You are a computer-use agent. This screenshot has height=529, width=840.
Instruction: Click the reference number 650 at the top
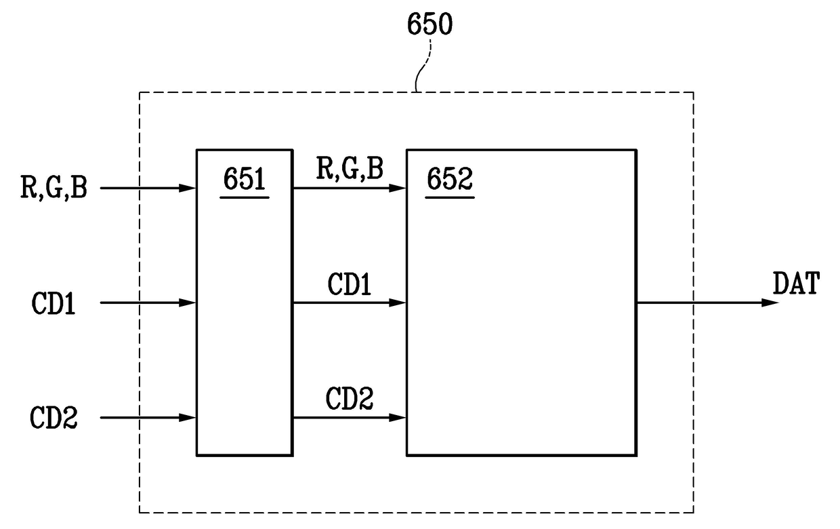click(429, 24)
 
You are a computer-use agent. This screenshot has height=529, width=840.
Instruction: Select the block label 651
click(245, 182)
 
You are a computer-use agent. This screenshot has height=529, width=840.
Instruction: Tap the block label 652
click(449, 182)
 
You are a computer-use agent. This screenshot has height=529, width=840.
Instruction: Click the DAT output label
click(795, 284)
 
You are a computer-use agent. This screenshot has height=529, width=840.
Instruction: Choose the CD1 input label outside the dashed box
click(55, 303)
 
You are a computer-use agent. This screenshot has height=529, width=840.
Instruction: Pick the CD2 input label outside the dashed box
click(54, 418)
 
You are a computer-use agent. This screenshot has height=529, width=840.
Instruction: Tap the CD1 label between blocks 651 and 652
click(350, 284)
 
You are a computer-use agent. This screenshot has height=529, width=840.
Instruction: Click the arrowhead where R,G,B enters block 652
click(399, 188)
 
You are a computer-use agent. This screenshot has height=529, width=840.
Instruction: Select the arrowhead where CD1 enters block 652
click(399, 302)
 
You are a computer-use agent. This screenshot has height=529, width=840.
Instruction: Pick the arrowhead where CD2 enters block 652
click(399, 418)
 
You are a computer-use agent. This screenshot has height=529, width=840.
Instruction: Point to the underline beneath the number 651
click(245, 197)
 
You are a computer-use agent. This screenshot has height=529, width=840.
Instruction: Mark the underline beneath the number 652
click(449, 197)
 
